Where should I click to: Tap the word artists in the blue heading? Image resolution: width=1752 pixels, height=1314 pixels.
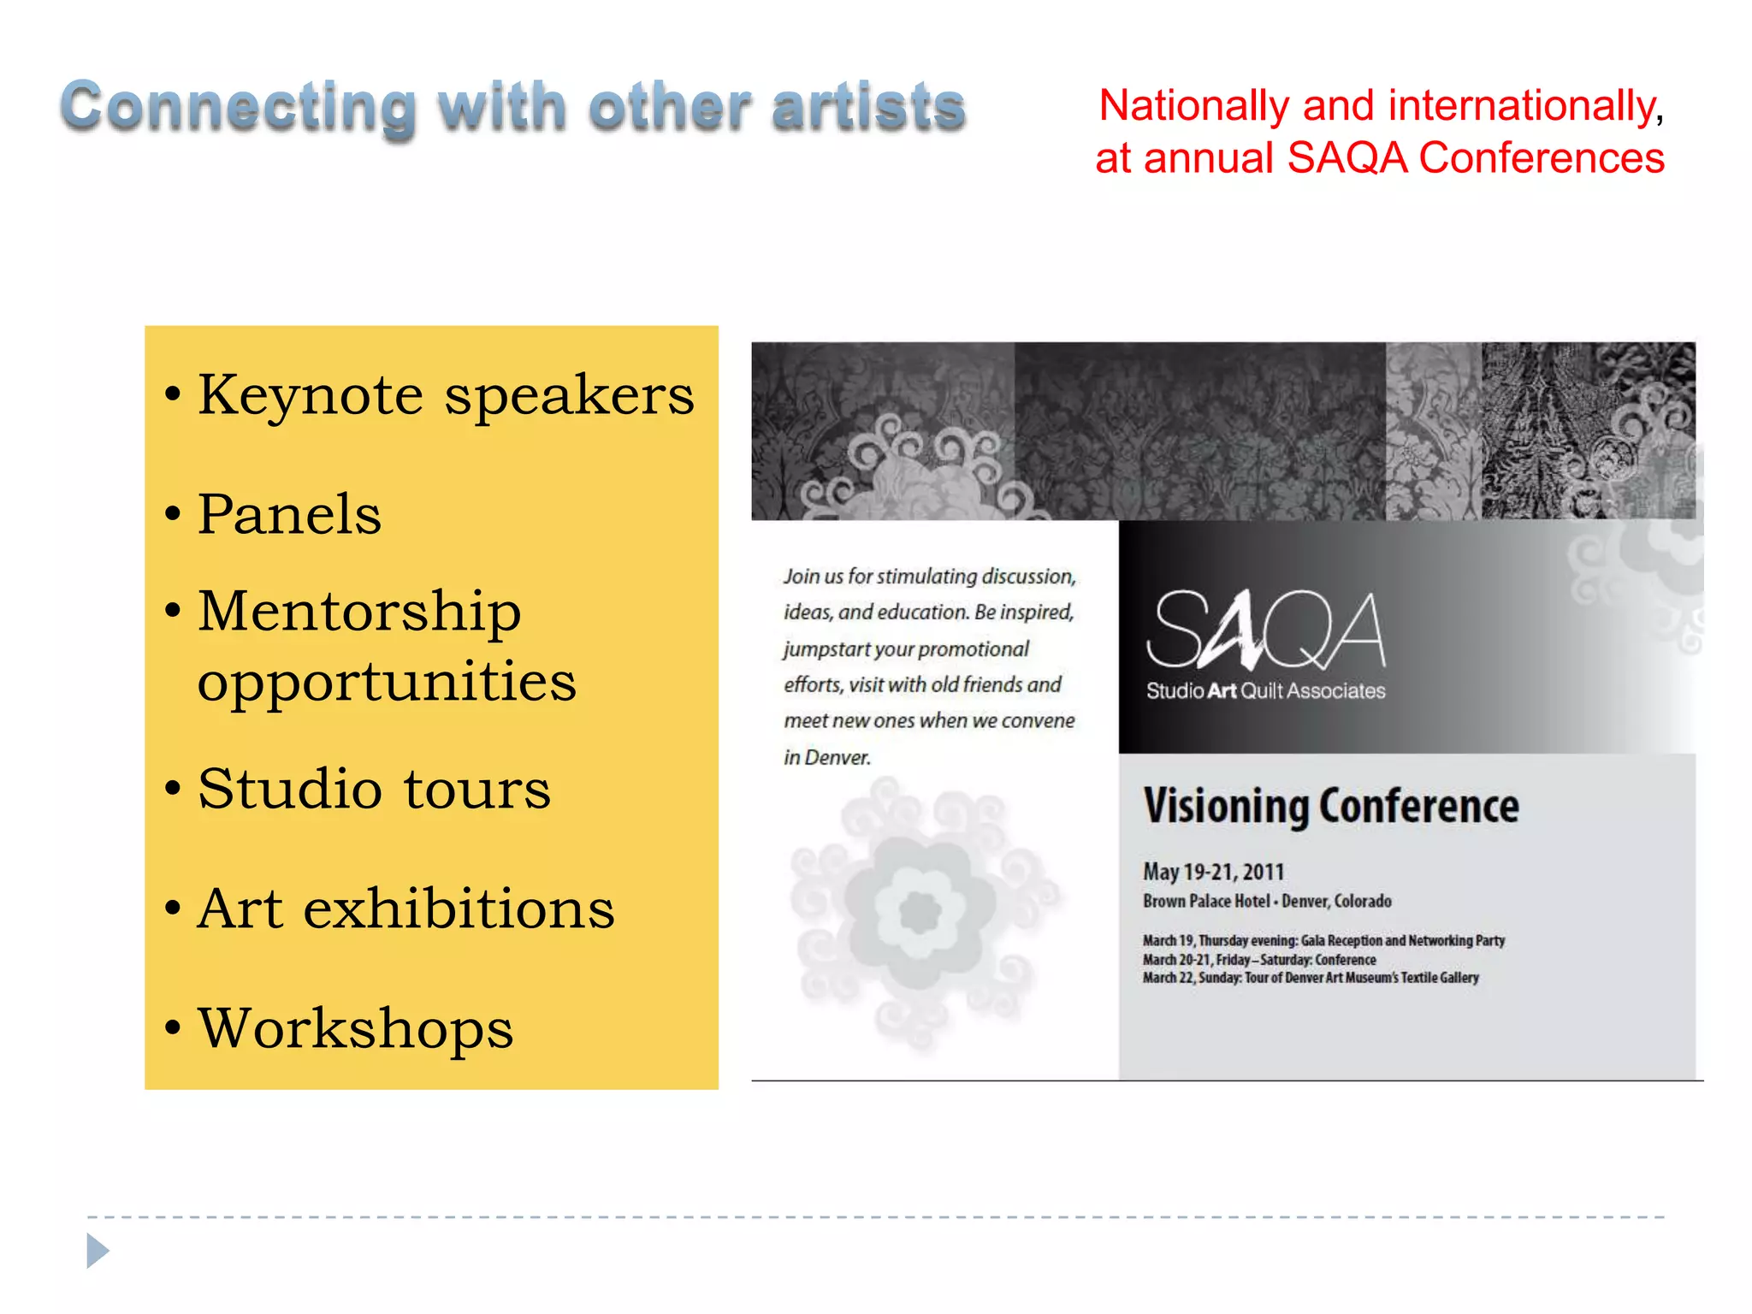point(867,109)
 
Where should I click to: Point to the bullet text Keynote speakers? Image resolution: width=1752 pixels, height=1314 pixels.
point(445,396)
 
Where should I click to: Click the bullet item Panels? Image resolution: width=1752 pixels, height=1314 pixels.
point(289,515)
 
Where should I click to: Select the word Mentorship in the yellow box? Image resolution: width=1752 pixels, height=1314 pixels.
point(359,613)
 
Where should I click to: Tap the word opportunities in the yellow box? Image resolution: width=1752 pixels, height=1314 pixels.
point(387,683)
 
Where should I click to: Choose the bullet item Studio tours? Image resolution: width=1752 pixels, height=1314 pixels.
point(374,789)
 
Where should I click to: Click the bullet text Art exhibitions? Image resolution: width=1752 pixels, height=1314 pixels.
point(405,909)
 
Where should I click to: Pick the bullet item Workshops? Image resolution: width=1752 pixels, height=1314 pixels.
point(355,1028)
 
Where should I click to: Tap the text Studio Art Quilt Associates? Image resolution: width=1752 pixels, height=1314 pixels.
point(1264,691)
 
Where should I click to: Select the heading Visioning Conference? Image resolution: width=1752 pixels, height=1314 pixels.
point(1330,806)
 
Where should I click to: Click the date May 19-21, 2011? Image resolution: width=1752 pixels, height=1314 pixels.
point(1213,872)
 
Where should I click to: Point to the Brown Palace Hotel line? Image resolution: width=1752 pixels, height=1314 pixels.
point(1266,901)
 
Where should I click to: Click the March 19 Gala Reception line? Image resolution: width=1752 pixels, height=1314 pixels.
point(1323,941)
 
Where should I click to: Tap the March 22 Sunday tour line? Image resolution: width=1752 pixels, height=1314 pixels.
point(1310,978)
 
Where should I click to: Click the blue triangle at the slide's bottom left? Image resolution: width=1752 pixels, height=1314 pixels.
point(98,1251)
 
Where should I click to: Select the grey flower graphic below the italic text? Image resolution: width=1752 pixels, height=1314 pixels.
point(922,912)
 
